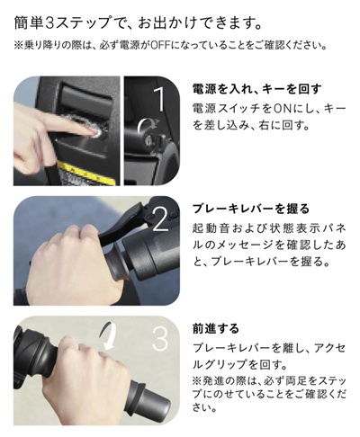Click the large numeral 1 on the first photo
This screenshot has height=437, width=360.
pyautogui.click(x=160, y=98)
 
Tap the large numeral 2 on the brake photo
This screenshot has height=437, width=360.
pyautogui.click(x=160, y=218)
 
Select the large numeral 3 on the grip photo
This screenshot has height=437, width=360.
pyautogui.click(x=160, y=338)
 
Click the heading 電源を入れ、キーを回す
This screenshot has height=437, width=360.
pyautogui.click(x=257, y=89)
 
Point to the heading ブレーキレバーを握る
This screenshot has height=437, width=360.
pyautogui.click(x=251, y=209)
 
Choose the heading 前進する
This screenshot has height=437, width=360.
pyautogui.click(x=216, y=329)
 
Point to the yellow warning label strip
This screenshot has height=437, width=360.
pyautogui.click(x=87, y=173)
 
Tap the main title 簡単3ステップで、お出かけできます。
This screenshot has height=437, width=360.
pyautogui.click(x=139, y=24)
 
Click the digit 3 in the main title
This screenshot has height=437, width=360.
pyautogui.click(x=49, y=24)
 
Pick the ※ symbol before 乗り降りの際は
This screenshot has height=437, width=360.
pyautogui.click(x=18, y=46)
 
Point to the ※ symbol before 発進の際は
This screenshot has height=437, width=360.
pyautogui.click(x=197, y=381)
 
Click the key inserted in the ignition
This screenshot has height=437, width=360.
pyautogui.click(x=148, y=138)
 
